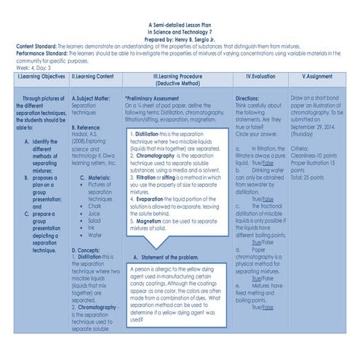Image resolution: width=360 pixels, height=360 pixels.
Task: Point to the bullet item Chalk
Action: coord(96,206)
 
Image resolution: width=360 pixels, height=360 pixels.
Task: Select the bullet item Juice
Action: coord(95,214)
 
